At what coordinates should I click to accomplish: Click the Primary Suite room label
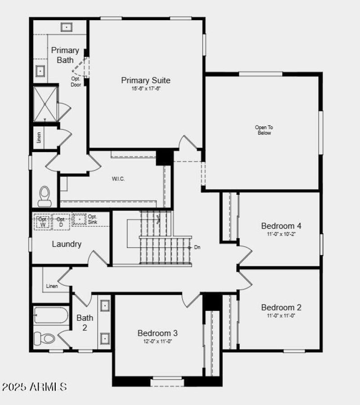coord(146,81)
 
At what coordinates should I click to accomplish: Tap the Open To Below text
coord(264,130)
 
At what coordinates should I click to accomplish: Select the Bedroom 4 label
coord(281,225)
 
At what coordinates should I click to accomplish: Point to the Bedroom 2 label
coord(281,307)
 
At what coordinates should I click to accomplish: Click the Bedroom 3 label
coord(157,333)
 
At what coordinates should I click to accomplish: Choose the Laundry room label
coord(67,244)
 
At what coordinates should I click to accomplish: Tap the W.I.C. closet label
coord(118,179)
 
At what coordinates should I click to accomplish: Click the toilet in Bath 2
coord(44,337)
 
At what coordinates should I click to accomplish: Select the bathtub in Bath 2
coord(51,315)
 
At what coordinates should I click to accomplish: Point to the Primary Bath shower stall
coord(45,104)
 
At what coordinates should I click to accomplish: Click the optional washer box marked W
coord(43,222)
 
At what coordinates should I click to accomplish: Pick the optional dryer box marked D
coord(61,222)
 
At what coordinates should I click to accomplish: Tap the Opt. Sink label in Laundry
coord(92,219)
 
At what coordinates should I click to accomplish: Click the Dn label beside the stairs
coord(197,247)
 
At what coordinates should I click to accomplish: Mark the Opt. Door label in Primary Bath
coord(76,81)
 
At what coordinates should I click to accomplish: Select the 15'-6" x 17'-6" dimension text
coord(146,89)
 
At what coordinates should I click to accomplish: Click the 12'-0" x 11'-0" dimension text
coord(157,341)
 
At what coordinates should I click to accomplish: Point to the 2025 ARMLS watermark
coord(35,387)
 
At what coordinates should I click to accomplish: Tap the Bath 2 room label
coord(85,323)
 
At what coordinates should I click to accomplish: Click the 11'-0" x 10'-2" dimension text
coord(281,234)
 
